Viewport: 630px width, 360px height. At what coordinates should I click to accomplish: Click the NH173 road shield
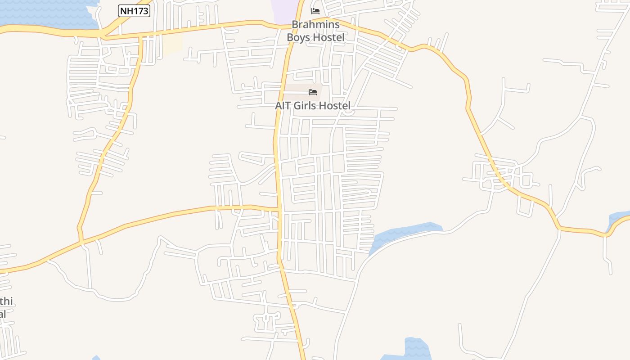click(x=134, y=11)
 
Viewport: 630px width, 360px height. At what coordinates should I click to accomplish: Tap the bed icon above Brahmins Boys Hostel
click(x=315, y=11)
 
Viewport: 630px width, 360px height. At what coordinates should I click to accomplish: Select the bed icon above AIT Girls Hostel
click(x=313, y=92)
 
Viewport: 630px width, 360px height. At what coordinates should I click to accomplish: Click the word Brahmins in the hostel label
click(x=315, y=24)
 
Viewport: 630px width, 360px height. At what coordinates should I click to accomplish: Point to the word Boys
click(x=298, y=37)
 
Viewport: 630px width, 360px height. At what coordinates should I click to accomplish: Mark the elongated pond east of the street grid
click(x=400, y=234)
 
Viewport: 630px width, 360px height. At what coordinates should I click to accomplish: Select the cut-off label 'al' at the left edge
click(x=3, y=314)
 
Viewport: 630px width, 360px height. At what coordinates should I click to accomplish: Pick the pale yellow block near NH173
click(x=172, y=44)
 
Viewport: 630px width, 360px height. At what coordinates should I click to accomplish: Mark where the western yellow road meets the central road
click(x=279, y=210)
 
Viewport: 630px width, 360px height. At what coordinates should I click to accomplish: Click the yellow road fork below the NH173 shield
click(x=103, y=35)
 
